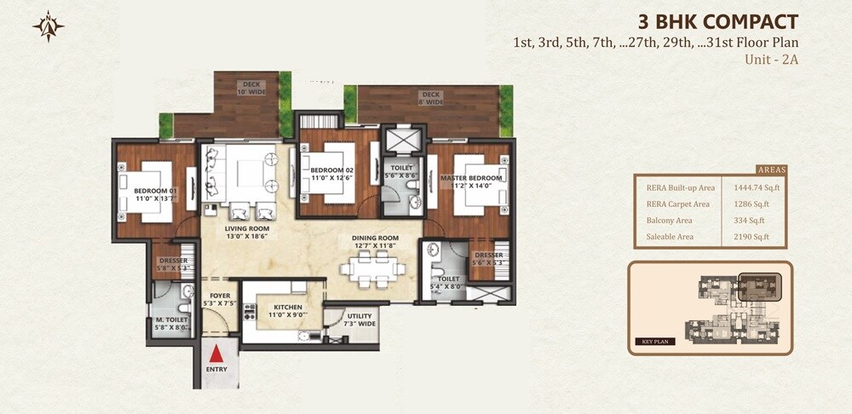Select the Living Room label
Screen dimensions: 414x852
247,232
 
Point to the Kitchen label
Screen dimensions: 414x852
282,310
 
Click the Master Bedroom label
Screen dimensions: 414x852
471,181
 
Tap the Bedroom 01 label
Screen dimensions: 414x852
155,194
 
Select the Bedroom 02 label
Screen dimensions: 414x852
331,173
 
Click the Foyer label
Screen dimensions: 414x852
221,299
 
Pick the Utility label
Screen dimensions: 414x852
360,319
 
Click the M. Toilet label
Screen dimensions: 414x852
171,323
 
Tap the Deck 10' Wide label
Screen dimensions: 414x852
250,88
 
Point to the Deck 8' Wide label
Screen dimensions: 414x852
430,98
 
